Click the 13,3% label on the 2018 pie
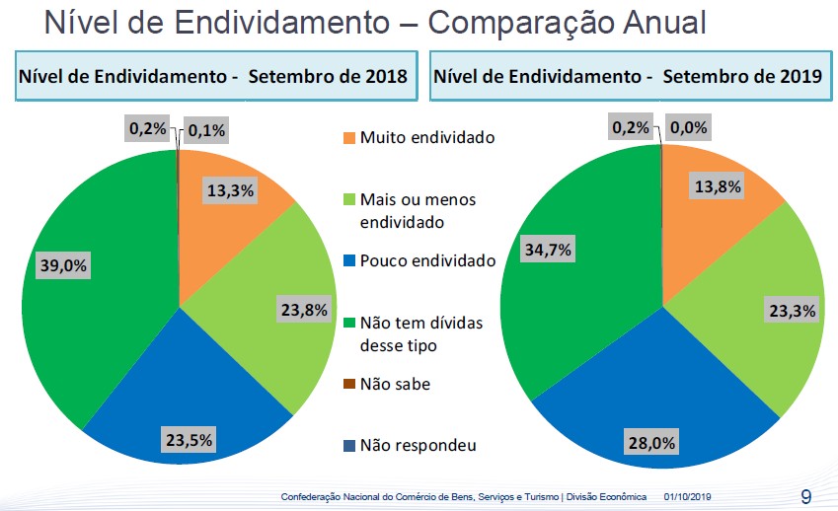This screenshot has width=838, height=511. pyautogui.click(x=231, y=191)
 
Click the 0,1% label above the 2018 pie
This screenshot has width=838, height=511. pyautogui.click(x=205, y=130)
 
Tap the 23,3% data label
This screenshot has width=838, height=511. pyautogui.click(x=793, y=311)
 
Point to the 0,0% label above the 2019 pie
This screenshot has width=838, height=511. pyautogui.click(x=688, y=127)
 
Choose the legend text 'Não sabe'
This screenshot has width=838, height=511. pyautogui.click(x=395, y=385)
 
